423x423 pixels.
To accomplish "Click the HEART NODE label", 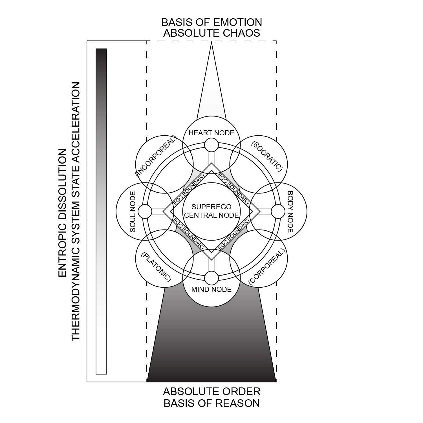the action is point(211,133).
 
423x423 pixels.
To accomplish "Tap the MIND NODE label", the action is point(211,290).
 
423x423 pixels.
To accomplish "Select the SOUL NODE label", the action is point(133,211).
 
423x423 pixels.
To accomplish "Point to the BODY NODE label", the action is point(290,212).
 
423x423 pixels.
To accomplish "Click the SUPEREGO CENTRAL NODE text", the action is point(211,211).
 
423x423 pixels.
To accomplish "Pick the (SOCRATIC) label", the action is point(266,157).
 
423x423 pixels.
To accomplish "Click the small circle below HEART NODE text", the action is point(211,145).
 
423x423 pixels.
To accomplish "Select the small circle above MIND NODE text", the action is point(211,278).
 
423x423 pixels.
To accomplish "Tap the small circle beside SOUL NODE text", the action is point(145,212).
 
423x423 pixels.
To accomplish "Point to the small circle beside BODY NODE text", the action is point(278,212).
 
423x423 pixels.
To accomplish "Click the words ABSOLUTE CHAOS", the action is point(211,33).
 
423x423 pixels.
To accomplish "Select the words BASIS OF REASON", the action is point(211,403).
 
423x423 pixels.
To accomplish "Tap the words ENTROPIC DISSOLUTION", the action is point(62,213).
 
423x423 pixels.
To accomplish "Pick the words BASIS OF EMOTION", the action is point(211,22).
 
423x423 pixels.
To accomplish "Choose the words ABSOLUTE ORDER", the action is point(211,392).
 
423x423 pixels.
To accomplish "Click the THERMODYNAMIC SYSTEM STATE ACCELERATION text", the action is point(76,211).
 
